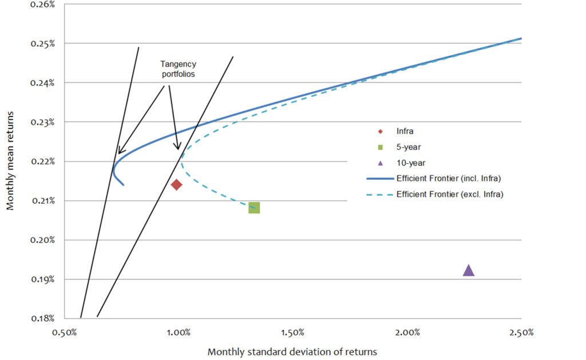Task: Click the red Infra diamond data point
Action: coord(176,184)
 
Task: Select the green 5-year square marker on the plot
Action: coord(254,208)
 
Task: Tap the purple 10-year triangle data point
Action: coord(469,270)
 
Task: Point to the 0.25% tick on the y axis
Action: coord(42,43)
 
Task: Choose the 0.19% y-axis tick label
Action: coord(42,279)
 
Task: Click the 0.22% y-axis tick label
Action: coord(42,161)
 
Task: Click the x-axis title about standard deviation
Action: coord(292,351)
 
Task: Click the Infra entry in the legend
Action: coord(405,131)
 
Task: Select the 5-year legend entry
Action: coord(407,147)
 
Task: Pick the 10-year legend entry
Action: coord(410,163)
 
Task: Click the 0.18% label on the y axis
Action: coord(42,318)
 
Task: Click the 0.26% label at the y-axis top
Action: coord(42,5)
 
